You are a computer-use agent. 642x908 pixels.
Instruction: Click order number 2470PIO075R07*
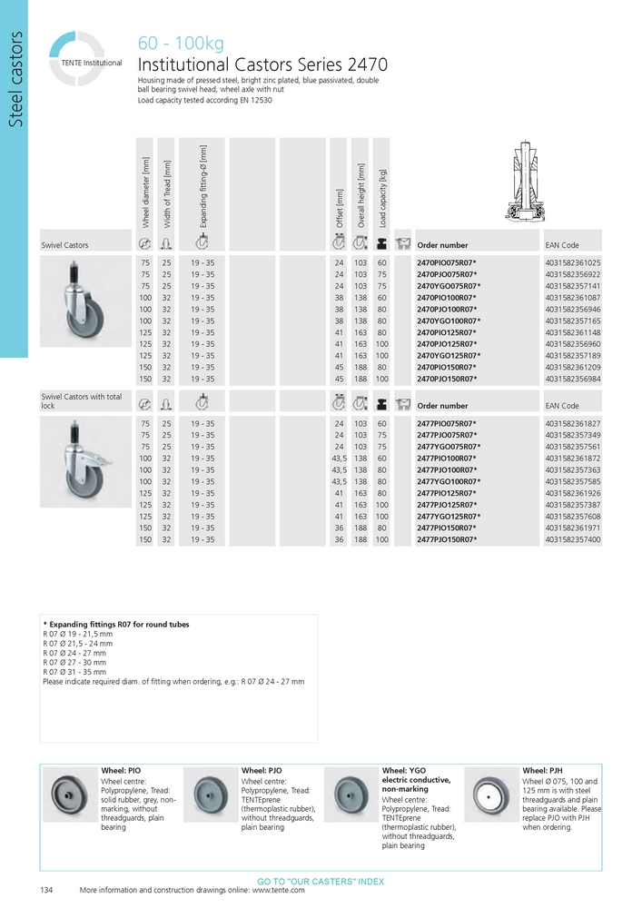[x=446, y=262]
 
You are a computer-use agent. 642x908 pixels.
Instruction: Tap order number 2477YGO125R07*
[x=449, y=516]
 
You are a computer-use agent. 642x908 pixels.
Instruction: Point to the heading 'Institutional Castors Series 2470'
[x=262, y=64]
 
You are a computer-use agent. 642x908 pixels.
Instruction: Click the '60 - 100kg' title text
[x=180, y=44]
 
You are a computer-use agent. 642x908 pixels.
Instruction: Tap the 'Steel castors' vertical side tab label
[x=15, y=82]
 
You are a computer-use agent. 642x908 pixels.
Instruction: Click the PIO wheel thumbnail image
[x=70, y=794]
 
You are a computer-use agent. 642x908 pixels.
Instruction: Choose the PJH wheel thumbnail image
[x=492, y=794]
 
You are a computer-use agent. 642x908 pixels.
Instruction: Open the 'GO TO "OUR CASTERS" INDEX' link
[x=321, y=882]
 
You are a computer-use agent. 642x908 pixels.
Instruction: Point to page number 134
[x=47, y=890]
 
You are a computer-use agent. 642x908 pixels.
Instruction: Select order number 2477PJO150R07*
[x=446, y=539]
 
